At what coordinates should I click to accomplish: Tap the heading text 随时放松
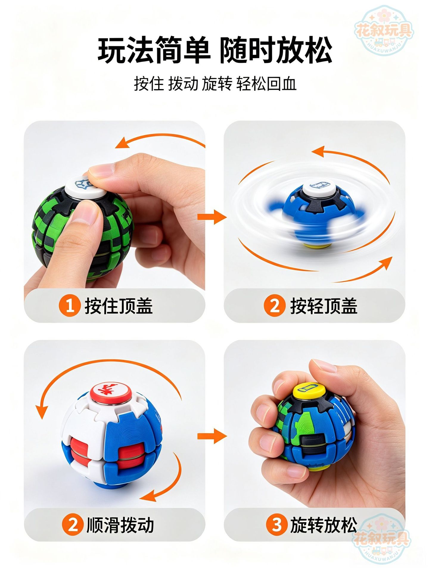click(276, 50)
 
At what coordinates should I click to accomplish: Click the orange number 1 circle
click(70, 306)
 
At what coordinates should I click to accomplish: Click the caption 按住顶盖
click(119, 306)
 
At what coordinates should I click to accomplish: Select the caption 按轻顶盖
click(324, 306)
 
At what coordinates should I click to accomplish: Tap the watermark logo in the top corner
click(384, 32)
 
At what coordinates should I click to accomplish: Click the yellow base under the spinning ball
click(315, 245)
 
